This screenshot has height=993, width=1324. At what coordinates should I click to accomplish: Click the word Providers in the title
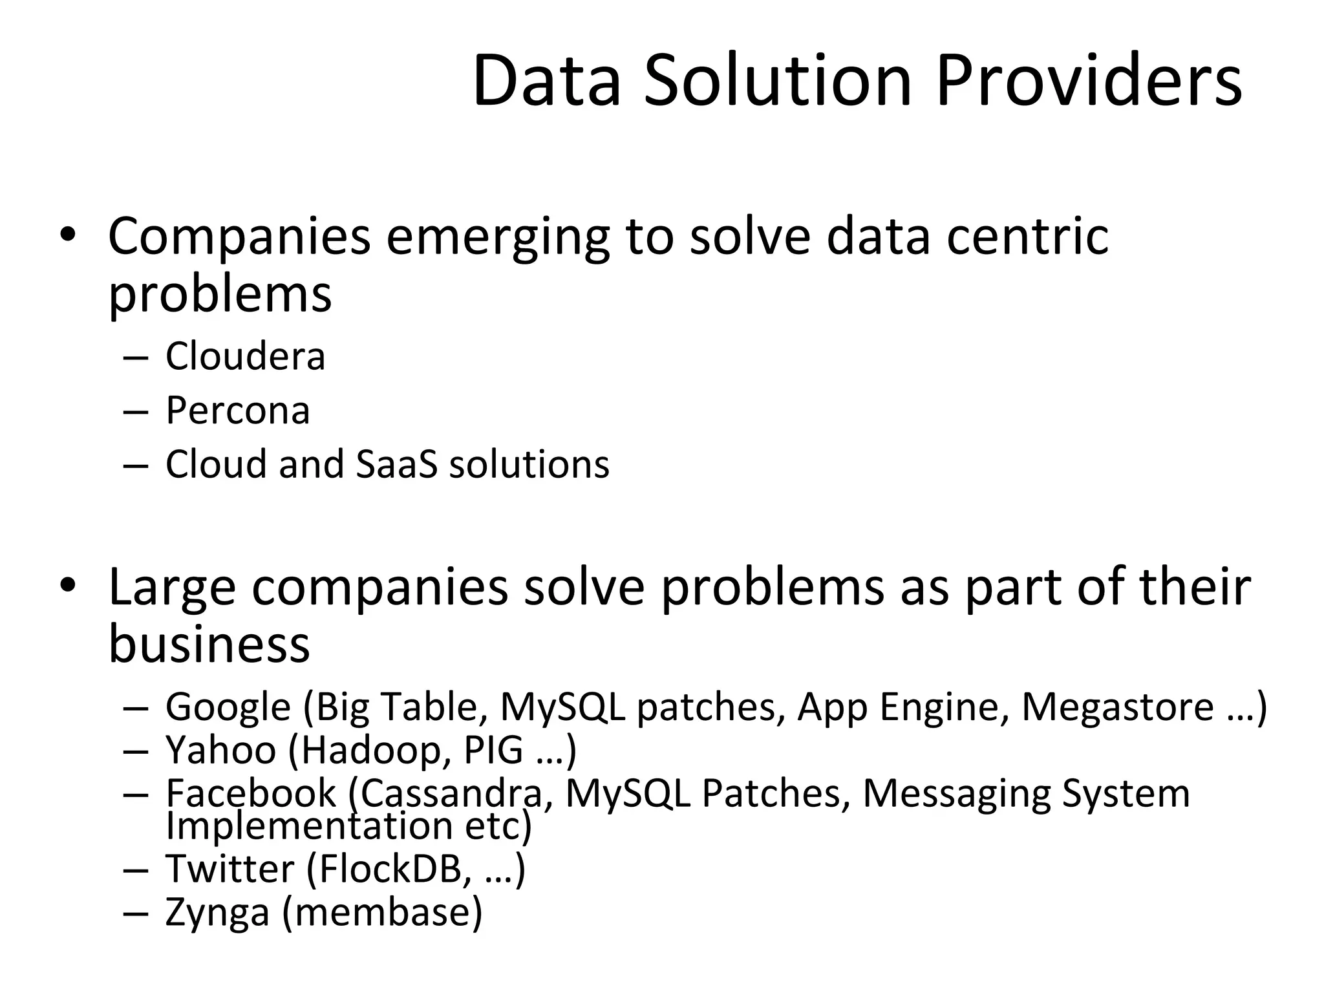1089,82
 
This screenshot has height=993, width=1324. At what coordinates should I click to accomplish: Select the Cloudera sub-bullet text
245,356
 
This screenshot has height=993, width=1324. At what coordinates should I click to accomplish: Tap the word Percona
237,411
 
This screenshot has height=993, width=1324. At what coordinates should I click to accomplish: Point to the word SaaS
397,464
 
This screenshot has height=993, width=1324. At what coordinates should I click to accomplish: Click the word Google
228,707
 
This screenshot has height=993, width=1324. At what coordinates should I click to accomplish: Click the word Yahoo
220,750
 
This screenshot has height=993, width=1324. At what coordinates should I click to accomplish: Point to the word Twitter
230,868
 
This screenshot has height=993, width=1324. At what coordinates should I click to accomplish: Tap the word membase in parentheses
382,912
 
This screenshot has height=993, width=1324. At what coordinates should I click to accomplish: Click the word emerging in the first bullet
498,237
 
